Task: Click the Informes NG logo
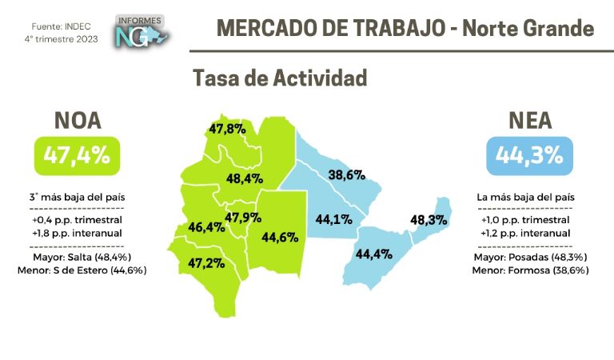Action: coord(142,31)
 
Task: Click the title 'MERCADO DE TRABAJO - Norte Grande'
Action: coord(405,29)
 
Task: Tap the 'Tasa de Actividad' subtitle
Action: coord(280,78)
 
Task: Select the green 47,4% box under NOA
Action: coord(77,155)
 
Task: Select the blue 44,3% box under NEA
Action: coord(529,155)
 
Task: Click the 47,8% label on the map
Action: coord(227,128)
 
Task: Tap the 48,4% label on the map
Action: coord(245,178)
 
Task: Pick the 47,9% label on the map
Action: coord(243,218)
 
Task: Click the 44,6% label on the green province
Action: coord(279,237)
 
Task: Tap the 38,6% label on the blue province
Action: coord(348,174)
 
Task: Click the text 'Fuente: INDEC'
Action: coord(54,26)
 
